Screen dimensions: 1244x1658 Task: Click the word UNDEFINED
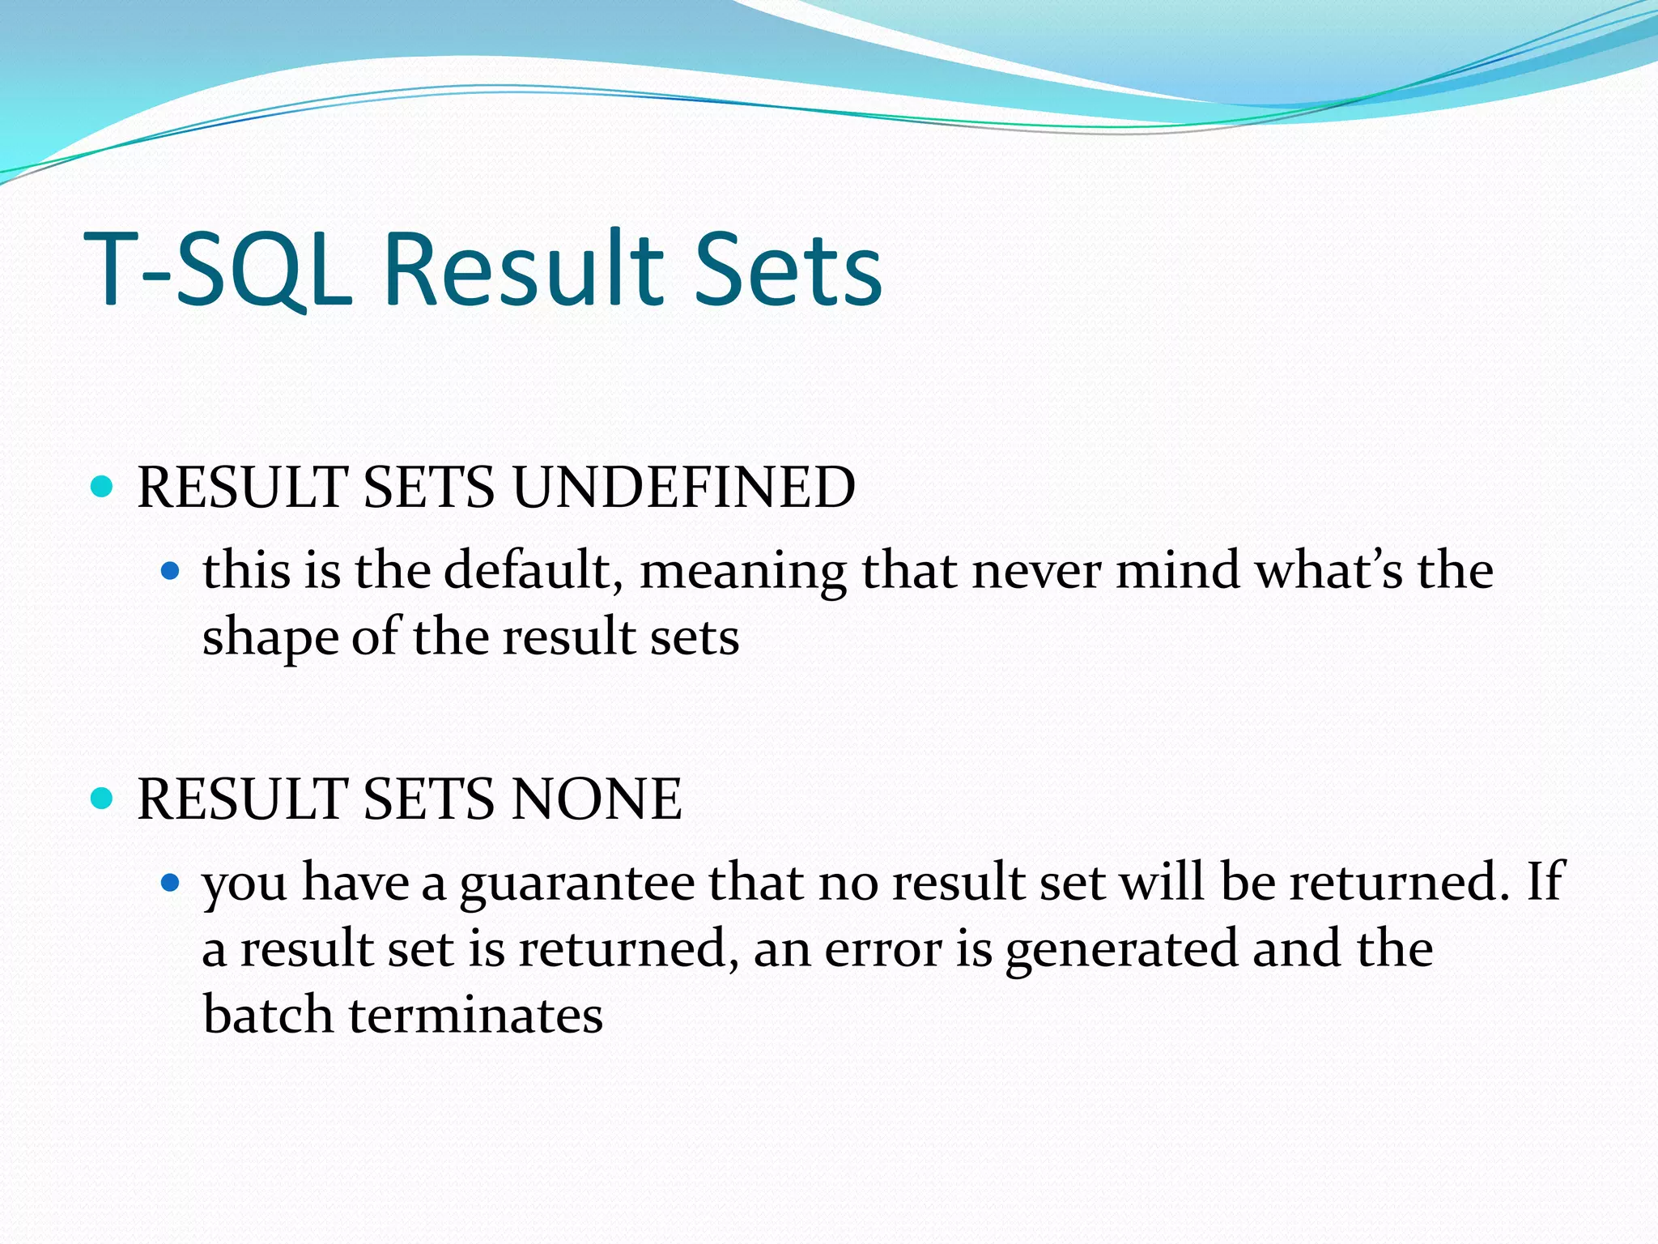point(683,488)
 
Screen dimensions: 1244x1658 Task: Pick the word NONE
point(597,799)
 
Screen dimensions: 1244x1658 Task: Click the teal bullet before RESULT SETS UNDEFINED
point(102,487)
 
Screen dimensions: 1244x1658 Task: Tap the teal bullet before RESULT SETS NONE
point(102,799)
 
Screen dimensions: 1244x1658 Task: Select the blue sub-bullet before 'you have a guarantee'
point(169,883)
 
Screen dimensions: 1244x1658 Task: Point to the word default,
point(534,570)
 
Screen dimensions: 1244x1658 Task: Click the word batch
point(268,1016)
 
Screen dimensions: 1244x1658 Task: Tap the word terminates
point(476,1016)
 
